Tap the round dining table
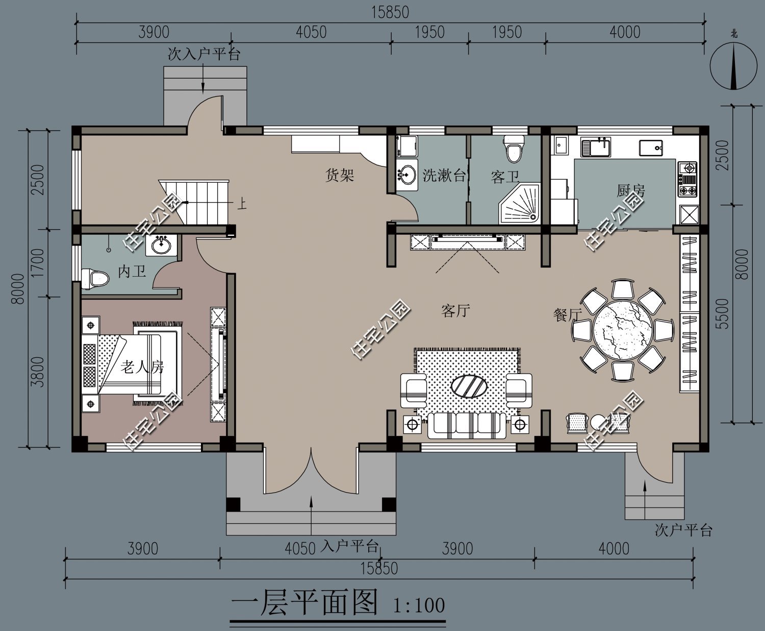(x=622, y=330)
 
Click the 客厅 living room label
(x=455, y=310)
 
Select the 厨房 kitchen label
(x=631, y=191)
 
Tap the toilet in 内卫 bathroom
(x=96, y=279)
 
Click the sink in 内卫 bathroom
(x=162, y=245)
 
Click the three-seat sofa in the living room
(x=467, y=425)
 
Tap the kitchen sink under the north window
(x=596, y=148)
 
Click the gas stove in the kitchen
(x=687, y=179)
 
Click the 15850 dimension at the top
(x=390, y=12)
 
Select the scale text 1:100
(x=419, y=605)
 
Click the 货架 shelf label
(x=340, y=176)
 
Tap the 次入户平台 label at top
(x=204, y=54)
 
